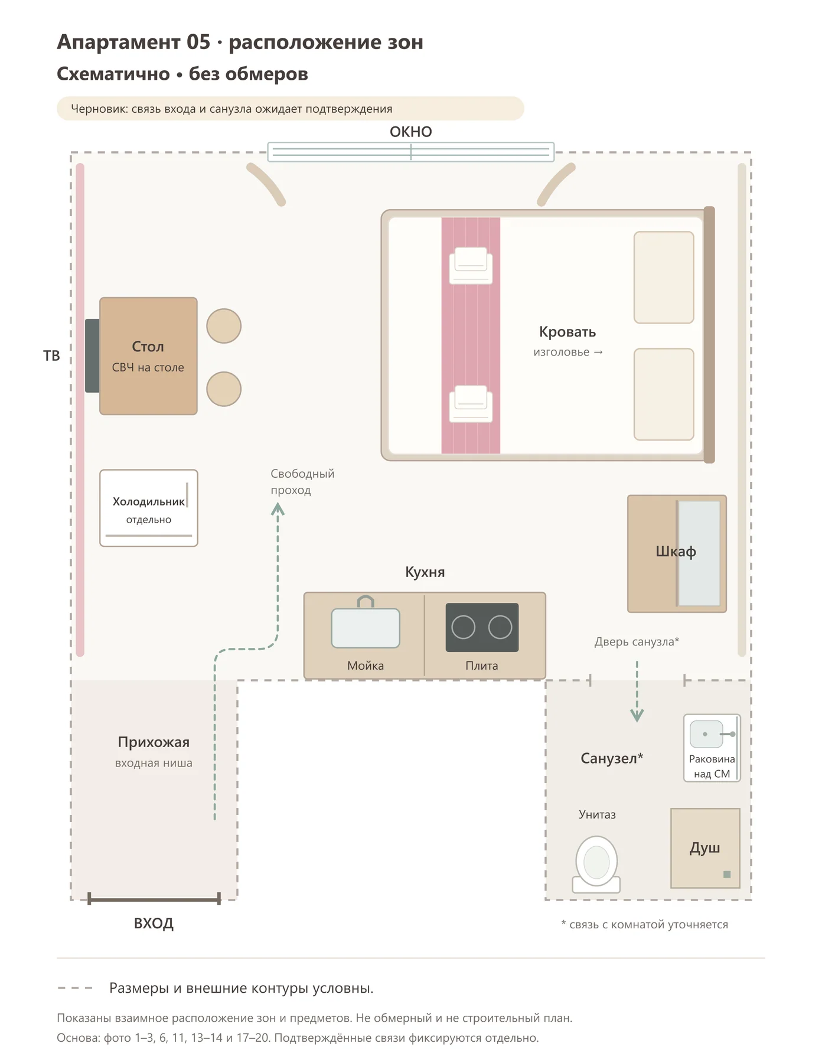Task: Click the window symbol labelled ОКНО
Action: pos(410,152)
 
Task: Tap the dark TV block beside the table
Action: pos(92,356)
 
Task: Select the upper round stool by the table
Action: pos(224,326)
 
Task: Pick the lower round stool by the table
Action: pos(224,389)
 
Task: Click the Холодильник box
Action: pos(149,508)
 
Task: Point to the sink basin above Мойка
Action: pos(366,628)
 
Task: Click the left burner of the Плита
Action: pos(463,627)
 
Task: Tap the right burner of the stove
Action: pos(500,627)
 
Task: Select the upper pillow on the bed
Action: pos(664,278)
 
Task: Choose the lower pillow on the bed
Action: pos(664,394)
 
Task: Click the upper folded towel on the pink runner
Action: pos(471,266)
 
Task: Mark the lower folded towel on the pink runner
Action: pos(471,404)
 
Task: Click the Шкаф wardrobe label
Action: pos(676,552)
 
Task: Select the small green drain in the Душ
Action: pos(727,875)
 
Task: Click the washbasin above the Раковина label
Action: pos(706,734)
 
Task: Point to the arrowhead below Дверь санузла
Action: pos(637,716)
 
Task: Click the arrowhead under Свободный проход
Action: pos(278,508)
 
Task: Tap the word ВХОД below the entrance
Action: pos(154,923)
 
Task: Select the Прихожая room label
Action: pos(154,742)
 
